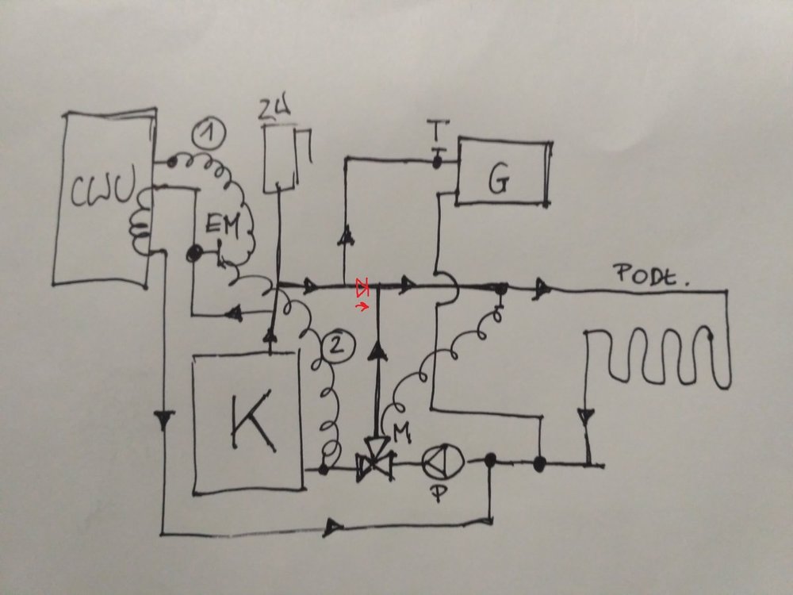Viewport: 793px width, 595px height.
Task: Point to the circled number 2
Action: tap(333, 344)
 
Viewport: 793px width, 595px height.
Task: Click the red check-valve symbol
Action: tap(362, 283)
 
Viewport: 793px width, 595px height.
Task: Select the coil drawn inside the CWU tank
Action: tap(140, 226)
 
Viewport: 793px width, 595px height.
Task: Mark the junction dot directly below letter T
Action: tap(435, 162)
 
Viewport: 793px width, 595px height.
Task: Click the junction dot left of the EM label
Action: tap(192, 254)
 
